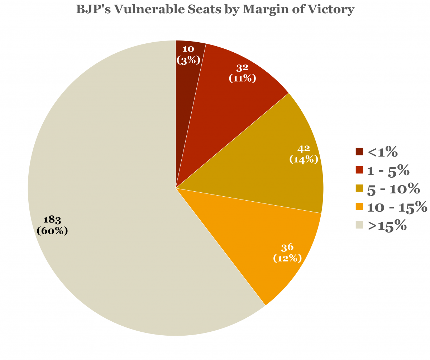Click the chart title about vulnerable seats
tap(215, 9)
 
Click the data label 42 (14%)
tap(304, 154)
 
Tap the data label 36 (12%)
tap(287, 252)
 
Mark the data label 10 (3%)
tap(188, 55)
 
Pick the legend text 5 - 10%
tap(393, 188)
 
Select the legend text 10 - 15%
tap(397, 207)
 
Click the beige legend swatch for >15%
tap(359, 225)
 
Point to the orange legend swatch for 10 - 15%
tap(359, 207)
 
